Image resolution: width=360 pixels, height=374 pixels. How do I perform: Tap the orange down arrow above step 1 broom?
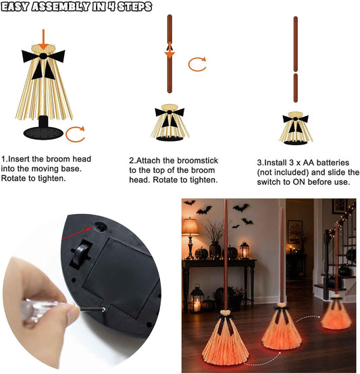point(43,39)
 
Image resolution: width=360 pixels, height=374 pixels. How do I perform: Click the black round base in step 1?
point(43,132)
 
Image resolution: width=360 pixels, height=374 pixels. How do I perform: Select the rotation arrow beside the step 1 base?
point(75,134)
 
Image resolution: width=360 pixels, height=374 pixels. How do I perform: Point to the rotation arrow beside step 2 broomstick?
point(197,64)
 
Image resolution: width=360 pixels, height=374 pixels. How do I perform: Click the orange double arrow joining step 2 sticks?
point(170,50)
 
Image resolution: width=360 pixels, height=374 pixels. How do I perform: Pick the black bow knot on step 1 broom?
point(43,56)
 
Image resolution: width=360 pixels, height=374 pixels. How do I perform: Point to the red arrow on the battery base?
point(77,233)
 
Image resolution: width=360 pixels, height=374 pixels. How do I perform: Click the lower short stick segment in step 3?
point(295,88)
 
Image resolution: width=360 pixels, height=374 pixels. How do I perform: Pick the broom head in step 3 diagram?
point(296,128)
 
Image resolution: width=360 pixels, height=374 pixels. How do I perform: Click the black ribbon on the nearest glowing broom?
point(226,323)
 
